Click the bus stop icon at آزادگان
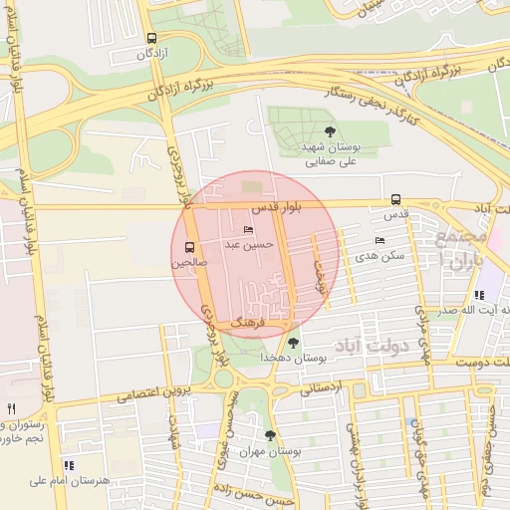point(150,39)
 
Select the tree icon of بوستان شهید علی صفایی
point(330,130)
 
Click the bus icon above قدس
point(396,199)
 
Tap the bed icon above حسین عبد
point(248,229)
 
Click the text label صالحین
point(189,264)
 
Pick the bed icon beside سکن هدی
point(379,240)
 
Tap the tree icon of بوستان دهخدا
point(292,343)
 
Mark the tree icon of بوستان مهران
point(270,435)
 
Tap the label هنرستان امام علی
point(68,481)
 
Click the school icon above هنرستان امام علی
point(68,465)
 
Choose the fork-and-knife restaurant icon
point(12,408)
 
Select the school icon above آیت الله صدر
point(479,295)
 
